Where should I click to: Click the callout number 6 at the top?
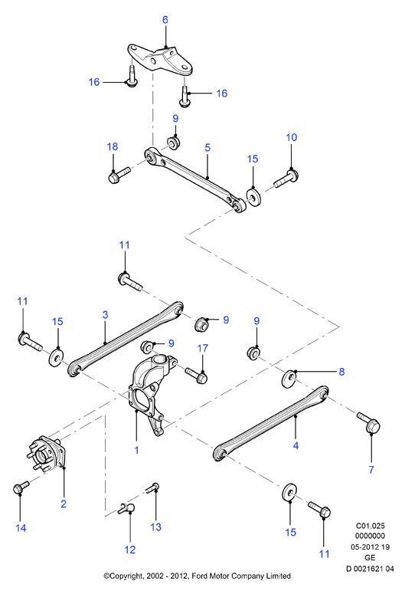[x=165, y=20]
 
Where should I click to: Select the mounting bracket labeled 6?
[x=160, y=60]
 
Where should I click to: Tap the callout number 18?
[x=113, y=146]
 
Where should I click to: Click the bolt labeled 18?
[x=119, y=176]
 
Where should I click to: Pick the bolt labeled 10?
[x=286, y=179]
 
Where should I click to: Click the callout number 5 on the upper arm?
[x=207, y=148]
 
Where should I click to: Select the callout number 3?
[x=106, y=315]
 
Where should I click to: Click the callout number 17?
[x=202, y=348]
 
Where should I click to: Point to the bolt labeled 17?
[x=197, y=376]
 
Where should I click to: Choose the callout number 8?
[x=341, y=372]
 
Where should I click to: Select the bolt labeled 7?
[x=368, y=422]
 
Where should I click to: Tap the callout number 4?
[x=296, y=446]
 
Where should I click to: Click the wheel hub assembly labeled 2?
[x=46, y=454]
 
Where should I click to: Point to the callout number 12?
[x=130, y=550]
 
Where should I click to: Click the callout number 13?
[x=156, y=527]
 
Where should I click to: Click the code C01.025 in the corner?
[x=371, y=525]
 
